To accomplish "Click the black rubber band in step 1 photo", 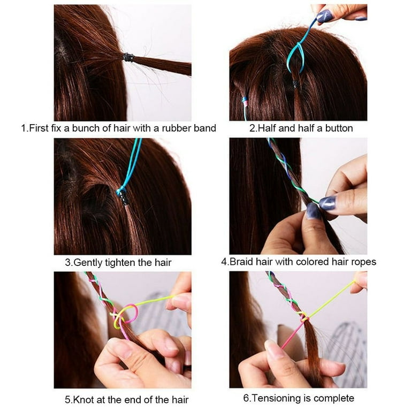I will [128, 57].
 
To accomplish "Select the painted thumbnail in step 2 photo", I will [324, 16].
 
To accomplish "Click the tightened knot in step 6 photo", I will [304, 318].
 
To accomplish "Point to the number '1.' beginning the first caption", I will [24, 128].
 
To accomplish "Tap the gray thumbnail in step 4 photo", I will [327, 202].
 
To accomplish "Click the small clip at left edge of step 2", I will [245, 101].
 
